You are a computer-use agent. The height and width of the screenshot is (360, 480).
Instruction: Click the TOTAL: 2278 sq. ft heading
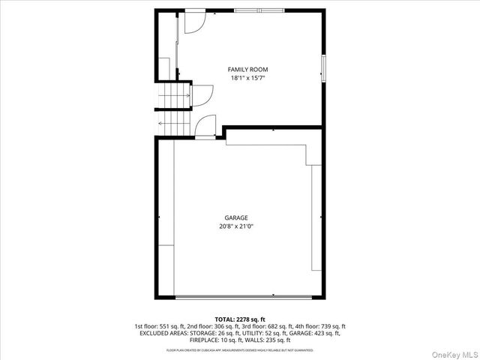(240, 319)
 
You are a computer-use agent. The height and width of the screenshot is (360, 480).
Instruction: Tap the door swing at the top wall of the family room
(192, 22)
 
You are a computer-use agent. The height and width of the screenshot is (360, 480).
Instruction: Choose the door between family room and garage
(205, 127)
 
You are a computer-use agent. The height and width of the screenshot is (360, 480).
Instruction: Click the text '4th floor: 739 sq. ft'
(322, 326)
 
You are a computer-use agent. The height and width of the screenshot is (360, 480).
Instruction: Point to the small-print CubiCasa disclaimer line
(240, 350)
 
